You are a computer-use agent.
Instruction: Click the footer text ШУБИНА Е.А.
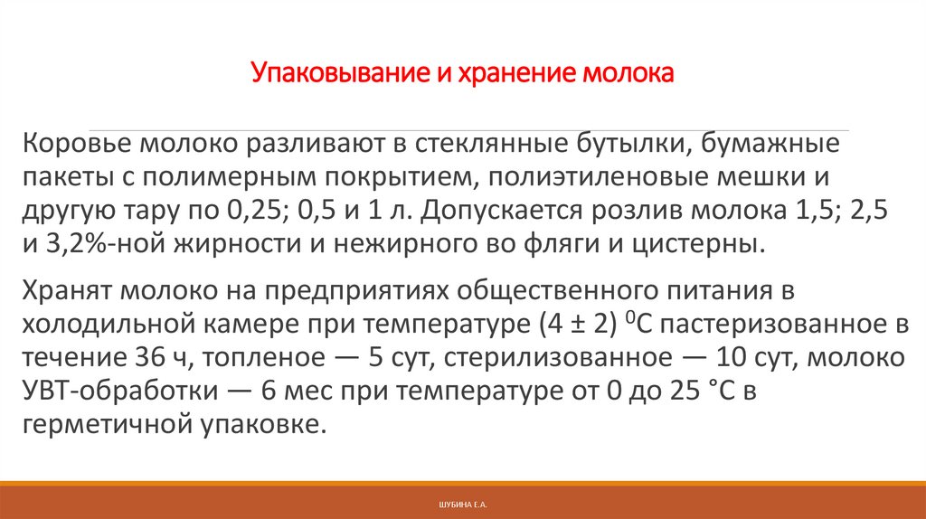click(462, 501)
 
